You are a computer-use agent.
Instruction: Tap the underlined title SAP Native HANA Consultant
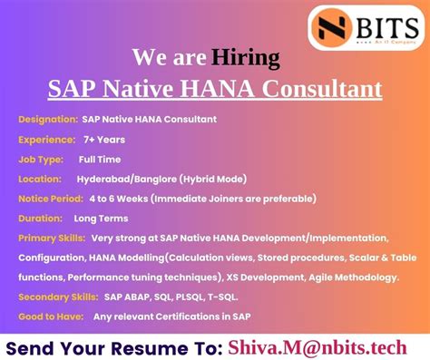click(x=215, y=90)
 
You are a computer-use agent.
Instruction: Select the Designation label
click(x=46, y=120)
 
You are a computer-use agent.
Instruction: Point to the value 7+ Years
click(x=106, y=140)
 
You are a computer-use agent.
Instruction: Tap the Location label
click(x=40, y=179)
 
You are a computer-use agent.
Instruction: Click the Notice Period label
click(x=50, y=198)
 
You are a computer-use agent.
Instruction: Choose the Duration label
click(x=41, y=218)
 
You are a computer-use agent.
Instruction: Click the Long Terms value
click(x=101, y=218)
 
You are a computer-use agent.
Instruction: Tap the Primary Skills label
click(x=51, y=238)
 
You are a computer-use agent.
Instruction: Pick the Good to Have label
click(x=50, y=316)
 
